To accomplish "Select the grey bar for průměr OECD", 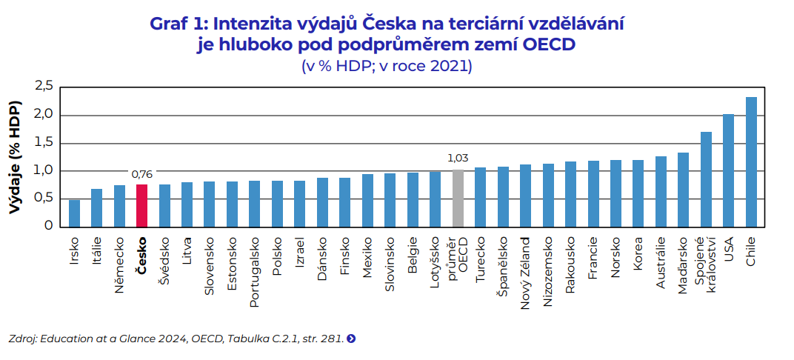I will [x=458, y=198].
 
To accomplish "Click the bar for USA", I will [x=728, y=170].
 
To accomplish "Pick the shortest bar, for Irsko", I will [x=74, y=213].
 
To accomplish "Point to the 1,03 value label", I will [x=458, y=158].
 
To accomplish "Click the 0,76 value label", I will [x=141, y=174].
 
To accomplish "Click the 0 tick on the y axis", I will [x=48, y=226].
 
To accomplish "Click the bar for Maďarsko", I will [x=683, y=190].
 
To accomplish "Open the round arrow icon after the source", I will [x=351, y=339].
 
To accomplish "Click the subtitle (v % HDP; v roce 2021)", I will [x=387, y=66].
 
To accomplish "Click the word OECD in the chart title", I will [x=549, y=45].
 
